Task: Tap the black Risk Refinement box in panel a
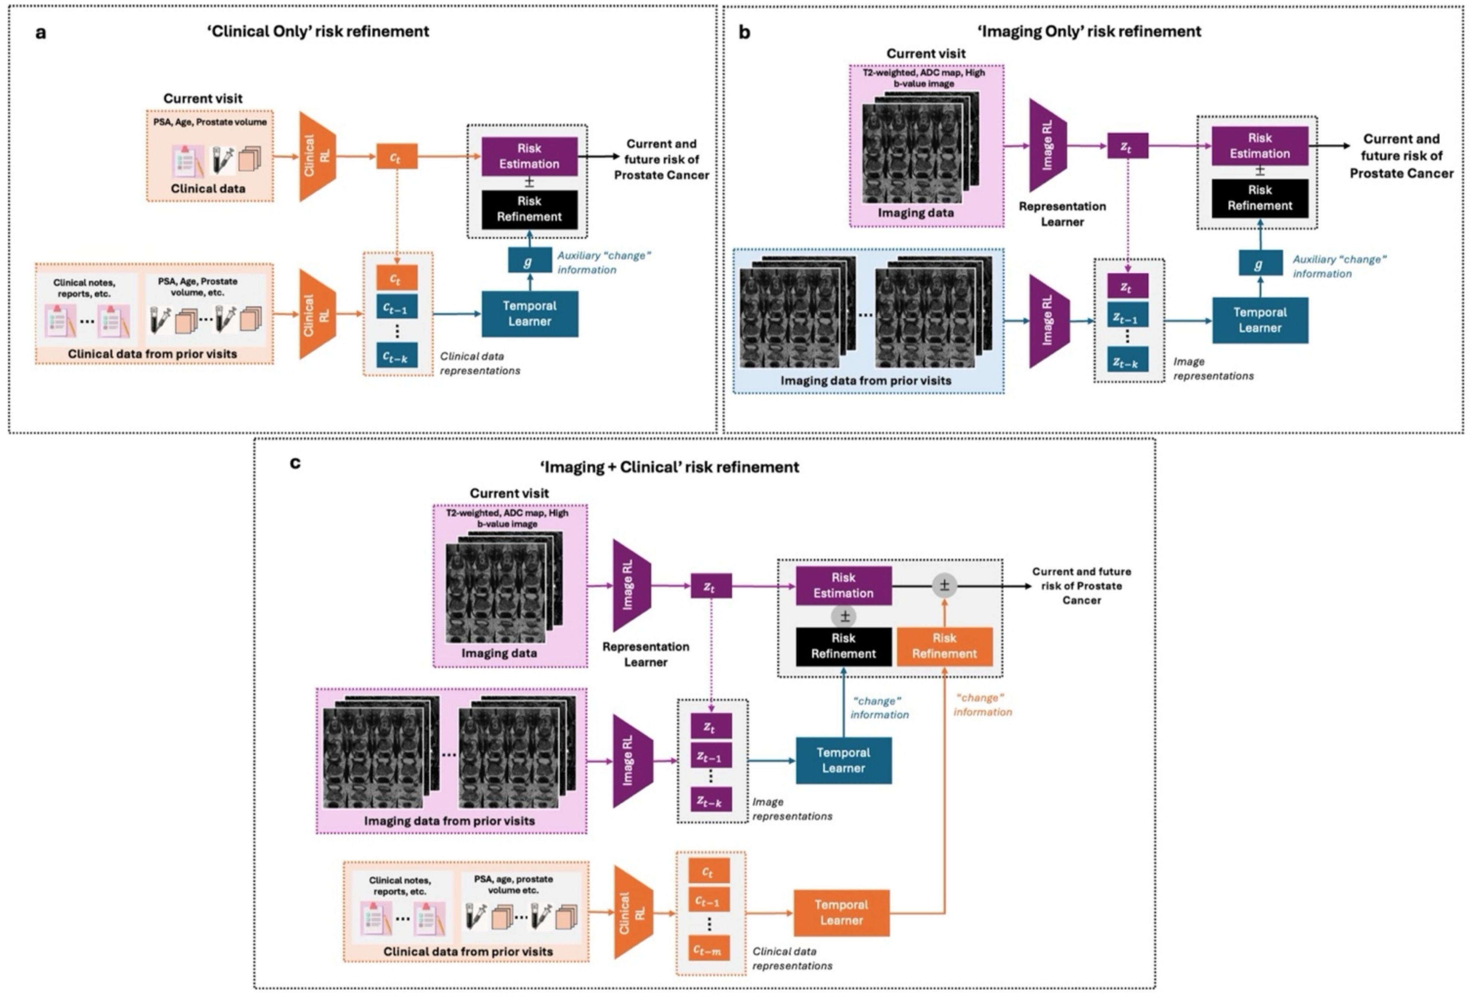[x=529, y=209]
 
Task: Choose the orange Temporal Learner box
[x=841, y=913]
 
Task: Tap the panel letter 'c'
[x=295, y=463]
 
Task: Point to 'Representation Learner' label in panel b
[x=1062, y=214]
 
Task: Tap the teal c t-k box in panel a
[x=396, y=357]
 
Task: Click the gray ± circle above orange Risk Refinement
[x=944, y=586]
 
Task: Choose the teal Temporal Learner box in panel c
[x=843, y=760]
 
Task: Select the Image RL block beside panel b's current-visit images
[x=1048, y=146]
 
